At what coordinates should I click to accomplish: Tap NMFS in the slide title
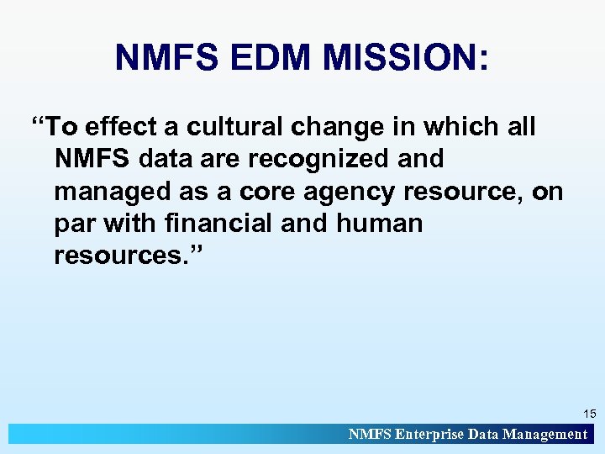click(x=167, y=58)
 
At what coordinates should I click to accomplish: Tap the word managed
click(x=108, y=192)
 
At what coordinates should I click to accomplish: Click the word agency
click(x=349, y=192)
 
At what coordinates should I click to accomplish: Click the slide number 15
click(x=589, y=414)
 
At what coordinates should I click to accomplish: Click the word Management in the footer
click(x=544, y=435)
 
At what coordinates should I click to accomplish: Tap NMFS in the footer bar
click(x=369, y=435)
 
